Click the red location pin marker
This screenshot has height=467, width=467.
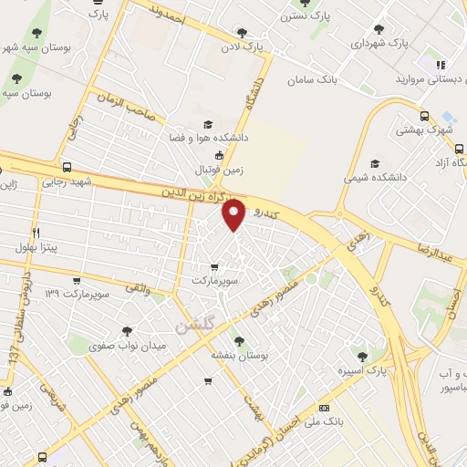click(234, 215)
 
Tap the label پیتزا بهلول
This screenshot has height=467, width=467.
click(36, 246)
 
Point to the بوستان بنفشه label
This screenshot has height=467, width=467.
click(238, 355)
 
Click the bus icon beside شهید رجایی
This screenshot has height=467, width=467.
click(67, 167)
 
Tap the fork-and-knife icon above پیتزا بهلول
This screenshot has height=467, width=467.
click(36, 232)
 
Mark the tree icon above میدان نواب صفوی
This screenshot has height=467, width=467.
click(125, 331)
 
